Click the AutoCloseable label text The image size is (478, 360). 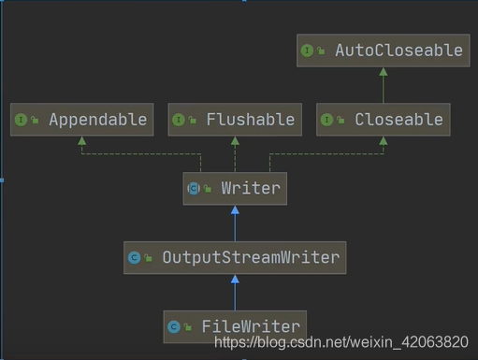click(398, 50)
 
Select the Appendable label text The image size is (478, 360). click(98, 120)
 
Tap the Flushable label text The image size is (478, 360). click(251, 120)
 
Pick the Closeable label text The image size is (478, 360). click(398, 120)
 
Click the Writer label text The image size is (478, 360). click(251, 189)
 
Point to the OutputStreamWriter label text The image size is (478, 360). click(251, 258)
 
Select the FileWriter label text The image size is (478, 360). click(251, 326)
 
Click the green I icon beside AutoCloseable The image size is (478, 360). click(307, 50)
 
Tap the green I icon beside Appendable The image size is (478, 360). click(21, 120)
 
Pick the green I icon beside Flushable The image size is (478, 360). click(179, 120)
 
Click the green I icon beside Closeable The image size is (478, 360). click(326, 120)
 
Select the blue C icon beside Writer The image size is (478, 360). click(194, 189)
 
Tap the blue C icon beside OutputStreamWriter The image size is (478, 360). click(135, 258)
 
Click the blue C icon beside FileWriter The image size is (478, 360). click(174, 327)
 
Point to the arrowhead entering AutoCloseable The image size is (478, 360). click(384, 72)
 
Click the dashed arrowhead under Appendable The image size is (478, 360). click(81, 141)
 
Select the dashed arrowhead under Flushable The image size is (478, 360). click(235, 141)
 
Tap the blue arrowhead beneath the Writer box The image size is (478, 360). click(235, 210)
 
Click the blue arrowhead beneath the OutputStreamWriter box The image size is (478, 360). click(235, 280)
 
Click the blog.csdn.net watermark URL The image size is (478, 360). click(341, 342)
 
